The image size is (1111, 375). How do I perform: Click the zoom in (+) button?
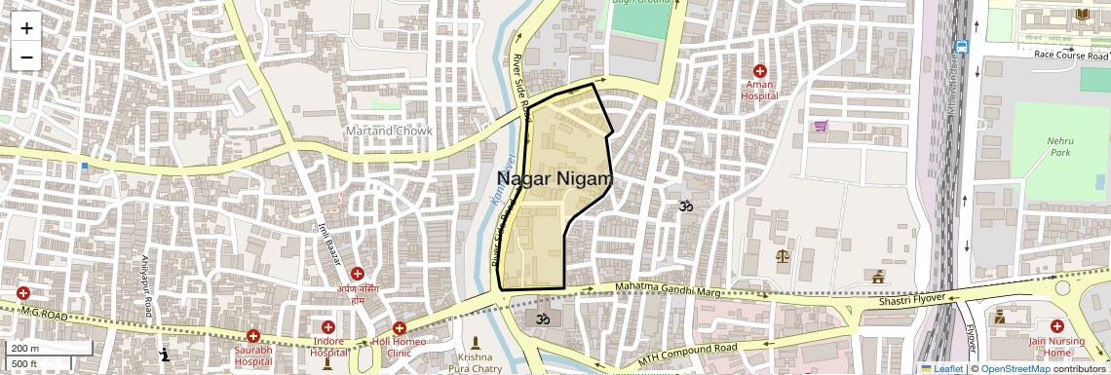[x=26, y=28]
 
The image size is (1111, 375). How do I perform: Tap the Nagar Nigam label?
[x=555, y=178]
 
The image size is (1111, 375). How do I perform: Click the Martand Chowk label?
[x=389, y=131]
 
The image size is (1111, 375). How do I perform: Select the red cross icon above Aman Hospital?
[x=760, y=71]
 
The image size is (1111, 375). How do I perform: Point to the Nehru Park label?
[x=1060, y=146]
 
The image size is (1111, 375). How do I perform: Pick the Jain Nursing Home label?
[x=1056, y=347]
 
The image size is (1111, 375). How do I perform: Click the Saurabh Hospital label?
[x=252, y=356]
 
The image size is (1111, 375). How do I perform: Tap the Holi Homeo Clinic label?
[x=400, y=348]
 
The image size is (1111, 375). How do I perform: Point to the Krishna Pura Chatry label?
[x=474, y=363]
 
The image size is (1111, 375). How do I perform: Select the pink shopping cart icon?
[x=822, y=126]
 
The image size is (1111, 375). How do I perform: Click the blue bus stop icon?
[x=962, y=46]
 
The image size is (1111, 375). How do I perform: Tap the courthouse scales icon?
[x=781, y=256]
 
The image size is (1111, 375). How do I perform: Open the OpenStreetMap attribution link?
[x=1015, y=368]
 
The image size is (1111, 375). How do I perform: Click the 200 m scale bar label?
[x=26, y=349]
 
